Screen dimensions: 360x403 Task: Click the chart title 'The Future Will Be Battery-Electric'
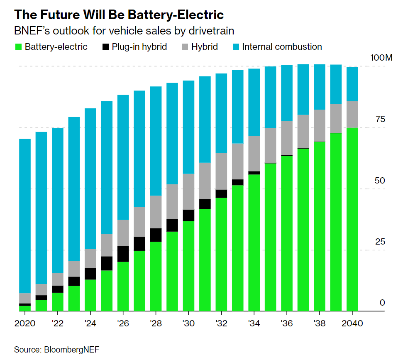(x=119, y=15)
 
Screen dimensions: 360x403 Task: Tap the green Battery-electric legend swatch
(x=18, y=47)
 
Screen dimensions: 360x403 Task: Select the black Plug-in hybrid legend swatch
(x=105, y=47)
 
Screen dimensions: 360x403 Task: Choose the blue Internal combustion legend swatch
(x=235, y=47)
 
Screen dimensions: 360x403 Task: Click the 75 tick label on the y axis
(x=380, y=120)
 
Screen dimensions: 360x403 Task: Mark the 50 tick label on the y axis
(x=380, y=181)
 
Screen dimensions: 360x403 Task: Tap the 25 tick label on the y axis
(x=380, y=242)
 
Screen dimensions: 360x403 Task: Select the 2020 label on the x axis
(x=25, y=323)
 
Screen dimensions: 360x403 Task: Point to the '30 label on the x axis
(x=188, y=323)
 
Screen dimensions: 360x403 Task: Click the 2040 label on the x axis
(x=352, y=323)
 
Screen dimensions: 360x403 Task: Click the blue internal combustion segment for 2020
(x=25, y=216)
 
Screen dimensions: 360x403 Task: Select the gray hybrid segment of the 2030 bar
(x=188, y=191)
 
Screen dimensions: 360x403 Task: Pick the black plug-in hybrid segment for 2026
(x=123, y=254)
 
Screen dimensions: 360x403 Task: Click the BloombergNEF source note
(x=57, y=349)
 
